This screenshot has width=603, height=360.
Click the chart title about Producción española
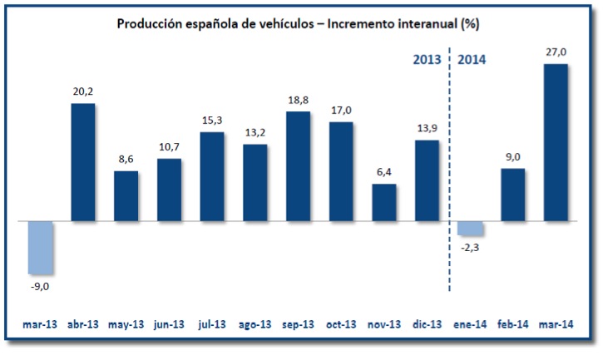coord(298,23)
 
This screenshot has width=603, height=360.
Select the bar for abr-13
coord(83,163)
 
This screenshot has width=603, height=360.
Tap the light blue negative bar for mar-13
coord(40,248)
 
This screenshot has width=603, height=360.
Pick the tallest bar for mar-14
coord(556,143)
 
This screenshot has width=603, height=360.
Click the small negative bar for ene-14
coord(470,229)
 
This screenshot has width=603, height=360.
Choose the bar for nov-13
coord(384,203)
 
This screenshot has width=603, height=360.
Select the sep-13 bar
coord(298,166)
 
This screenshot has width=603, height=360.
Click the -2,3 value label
coord(470,246)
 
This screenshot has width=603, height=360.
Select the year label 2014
coord(472,59)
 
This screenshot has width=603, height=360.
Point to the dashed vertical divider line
coord(450,166)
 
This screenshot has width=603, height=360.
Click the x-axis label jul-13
coord(212,325)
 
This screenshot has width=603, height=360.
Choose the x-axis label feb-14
coord(513,325)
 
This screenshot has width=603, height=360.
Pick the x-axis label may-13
coord(126,325)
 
